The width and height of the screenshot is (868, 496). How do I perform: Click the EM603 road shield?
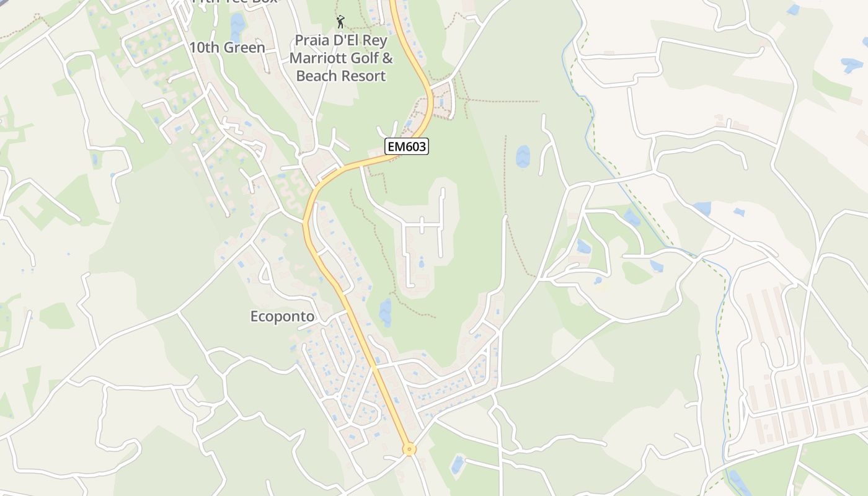coord(407,146)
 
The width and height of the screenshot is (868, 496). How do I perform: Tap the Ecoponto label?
coord(282,317)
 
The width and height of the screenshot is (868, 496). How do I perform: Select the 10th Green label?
coord(227,48)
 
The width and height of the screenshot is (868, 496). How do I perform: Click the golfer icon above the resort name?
coord(340,22)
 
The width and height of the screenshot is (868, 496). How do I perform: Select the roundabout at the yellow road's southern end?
coord(409,449)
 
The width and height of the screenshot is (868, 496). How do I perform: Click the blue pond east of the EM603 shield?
coord(523,157)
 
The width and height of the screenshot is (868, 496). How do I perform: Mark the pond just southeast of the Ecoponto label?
coord(386,312)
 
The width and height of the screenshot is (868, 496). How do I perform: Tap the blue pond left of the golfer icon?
coord(237,27)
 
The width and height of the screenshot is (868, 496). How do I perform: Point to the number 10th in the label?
coord(203,48)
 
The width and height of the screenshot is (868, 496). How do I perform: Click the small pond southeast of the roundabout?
coord(458,464)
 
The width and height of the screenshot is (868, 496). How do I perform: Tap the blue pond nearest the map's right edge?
coord(851,64)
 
